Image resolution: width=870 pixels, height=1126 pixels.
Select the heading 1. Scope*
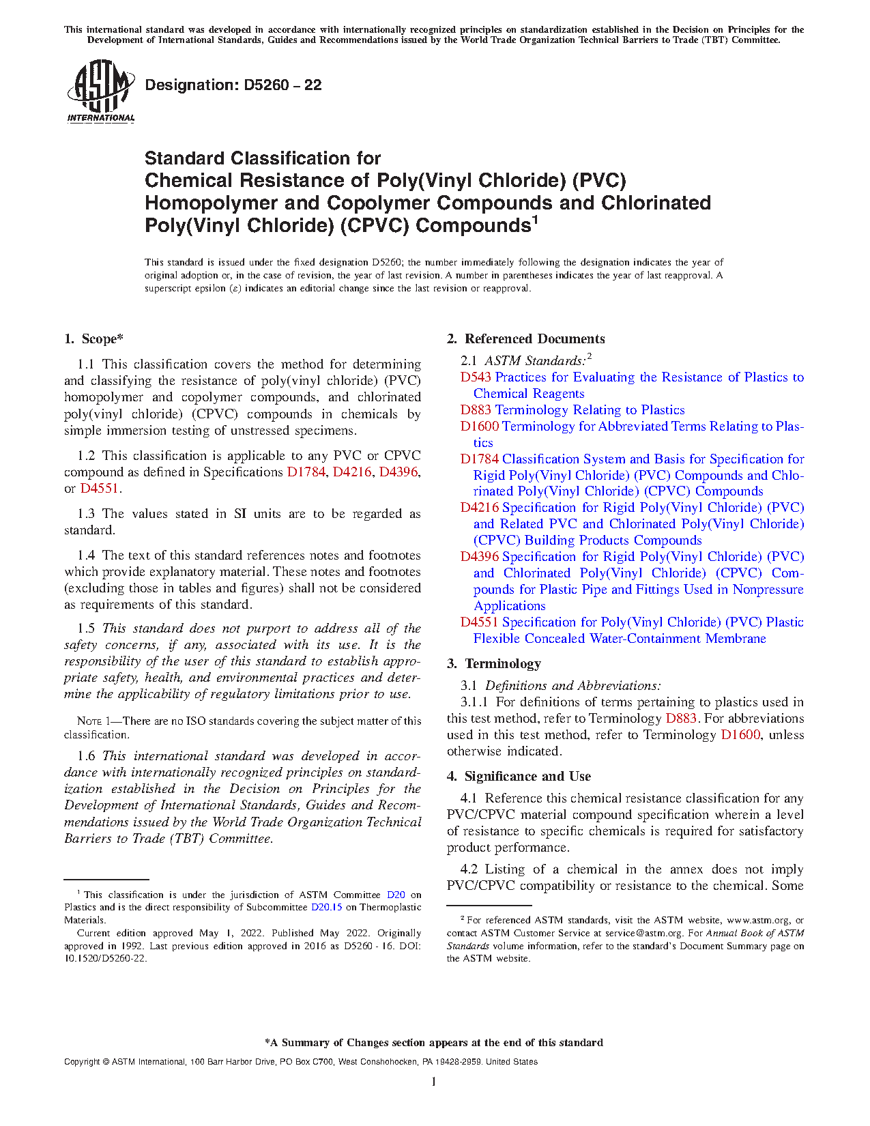click(94, 339)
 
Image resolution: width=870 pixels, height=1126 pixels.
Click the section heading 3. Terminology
click(494, 664)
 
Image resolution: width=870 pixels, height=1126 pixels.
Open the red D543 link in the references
click(476, 377)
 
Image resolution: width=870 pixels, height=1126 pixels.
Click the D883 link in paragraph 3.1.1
click(681, 719)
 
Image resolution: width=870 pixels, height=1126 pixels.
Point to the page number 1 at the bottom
click(434, 1082)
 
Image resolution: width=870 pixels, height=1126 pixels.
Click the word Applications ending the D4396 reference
click(510, 606)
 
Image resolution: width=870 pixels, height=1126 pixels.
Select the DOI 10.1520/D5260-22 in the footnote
click(106, 959)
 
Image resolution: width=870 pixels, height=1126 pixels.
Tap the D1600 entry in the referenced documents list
click(480, 427)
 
